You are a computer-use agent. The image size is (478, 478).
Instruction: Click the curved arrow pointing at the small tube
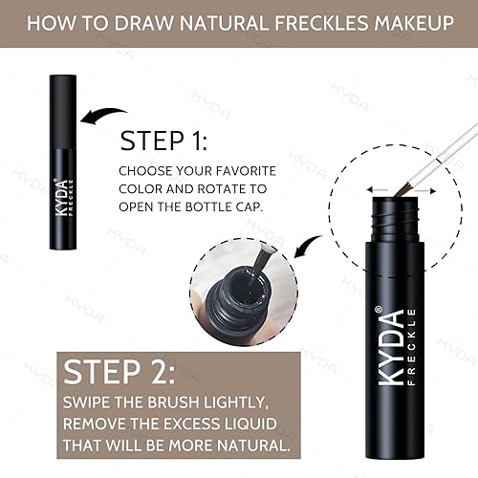pyautogui.click(x=104, y=118)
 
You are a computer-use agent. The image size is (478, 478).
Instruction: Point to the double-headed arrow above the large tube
pyautogui.click(x=391, y=189)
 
